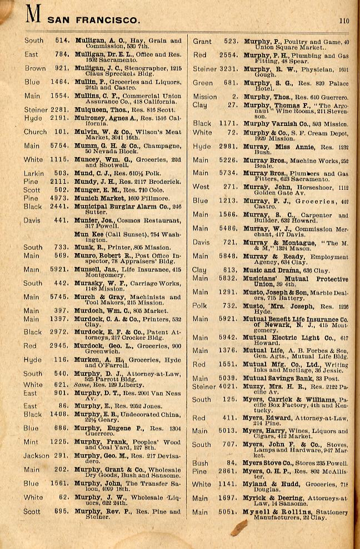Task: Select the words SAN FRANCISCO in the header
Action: coord(94,20)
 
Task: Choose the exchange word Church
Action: coord(35,132)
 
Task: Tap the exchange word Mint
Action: coord(32,442)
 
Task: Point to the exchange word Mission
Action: coord(205,96)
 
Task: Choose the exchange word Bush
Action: coord(201,463)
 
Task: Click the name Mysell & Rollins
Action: coord(274,512)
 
